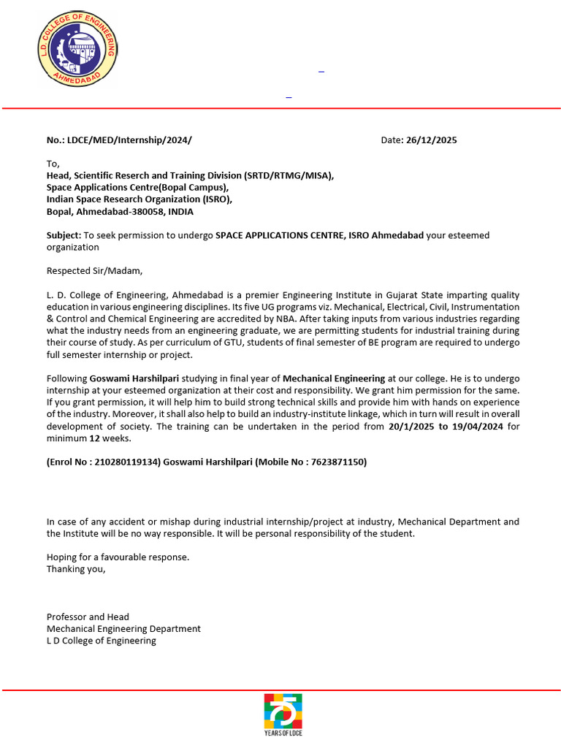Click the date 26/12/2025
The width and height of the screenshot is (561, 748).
[431, 140]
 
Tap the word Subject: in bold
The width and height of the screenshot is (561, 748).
[64, 235]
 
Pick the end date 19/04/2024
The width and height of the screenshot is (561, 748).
[477, 427]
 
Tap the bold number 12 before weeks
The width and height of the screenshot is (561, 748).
[94, 438]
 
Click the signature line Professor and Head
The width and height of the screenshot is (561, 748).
[88, 617]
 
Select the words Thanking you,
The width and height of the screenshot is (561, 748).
[76, 569]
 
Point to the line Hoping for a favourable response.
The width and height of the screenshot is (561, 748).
[118, 557]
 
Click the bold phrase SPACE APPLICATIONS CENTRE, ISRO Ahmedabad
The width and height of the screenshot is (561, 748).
[319, 235]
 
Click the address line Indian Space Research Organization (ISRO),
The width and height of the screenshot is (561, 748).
[140, 199]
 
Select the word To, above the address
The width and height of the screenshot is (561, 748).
[53, 164]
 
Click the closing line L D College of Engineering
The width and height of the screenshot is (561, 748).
[102, 641]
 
